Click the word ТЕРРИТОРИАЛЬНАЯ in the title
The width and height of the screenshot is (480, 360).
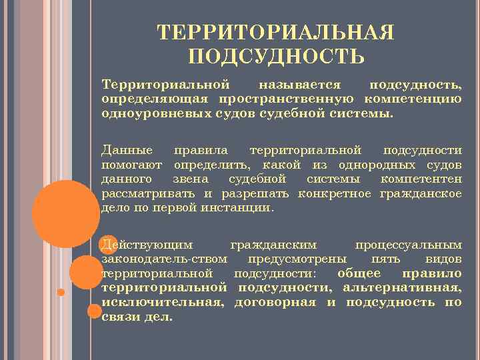pyautogui.click(x=275, y=33)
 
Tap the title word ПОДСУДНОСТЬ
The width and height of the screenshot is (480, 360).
pyautogui.click(x=276, y=56)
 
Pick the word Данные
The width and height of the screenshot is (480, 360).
pyautogui.click(x=127, y=151)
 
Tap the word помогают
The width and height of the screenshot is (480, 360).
pyautogui.click(x=133, y=165)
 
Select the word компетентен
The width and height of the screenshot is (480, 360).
pyautogui.click(x=421, y=179)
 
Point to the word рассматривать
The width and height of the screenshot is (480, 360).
pyautogui.click(x=149, y=193)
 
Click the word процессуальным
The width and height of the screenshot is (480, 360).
pyautogui.click(x=408, y=244)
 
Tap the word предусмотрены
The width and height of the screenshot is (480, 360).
pyautogui.click(x=296, y=259)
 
